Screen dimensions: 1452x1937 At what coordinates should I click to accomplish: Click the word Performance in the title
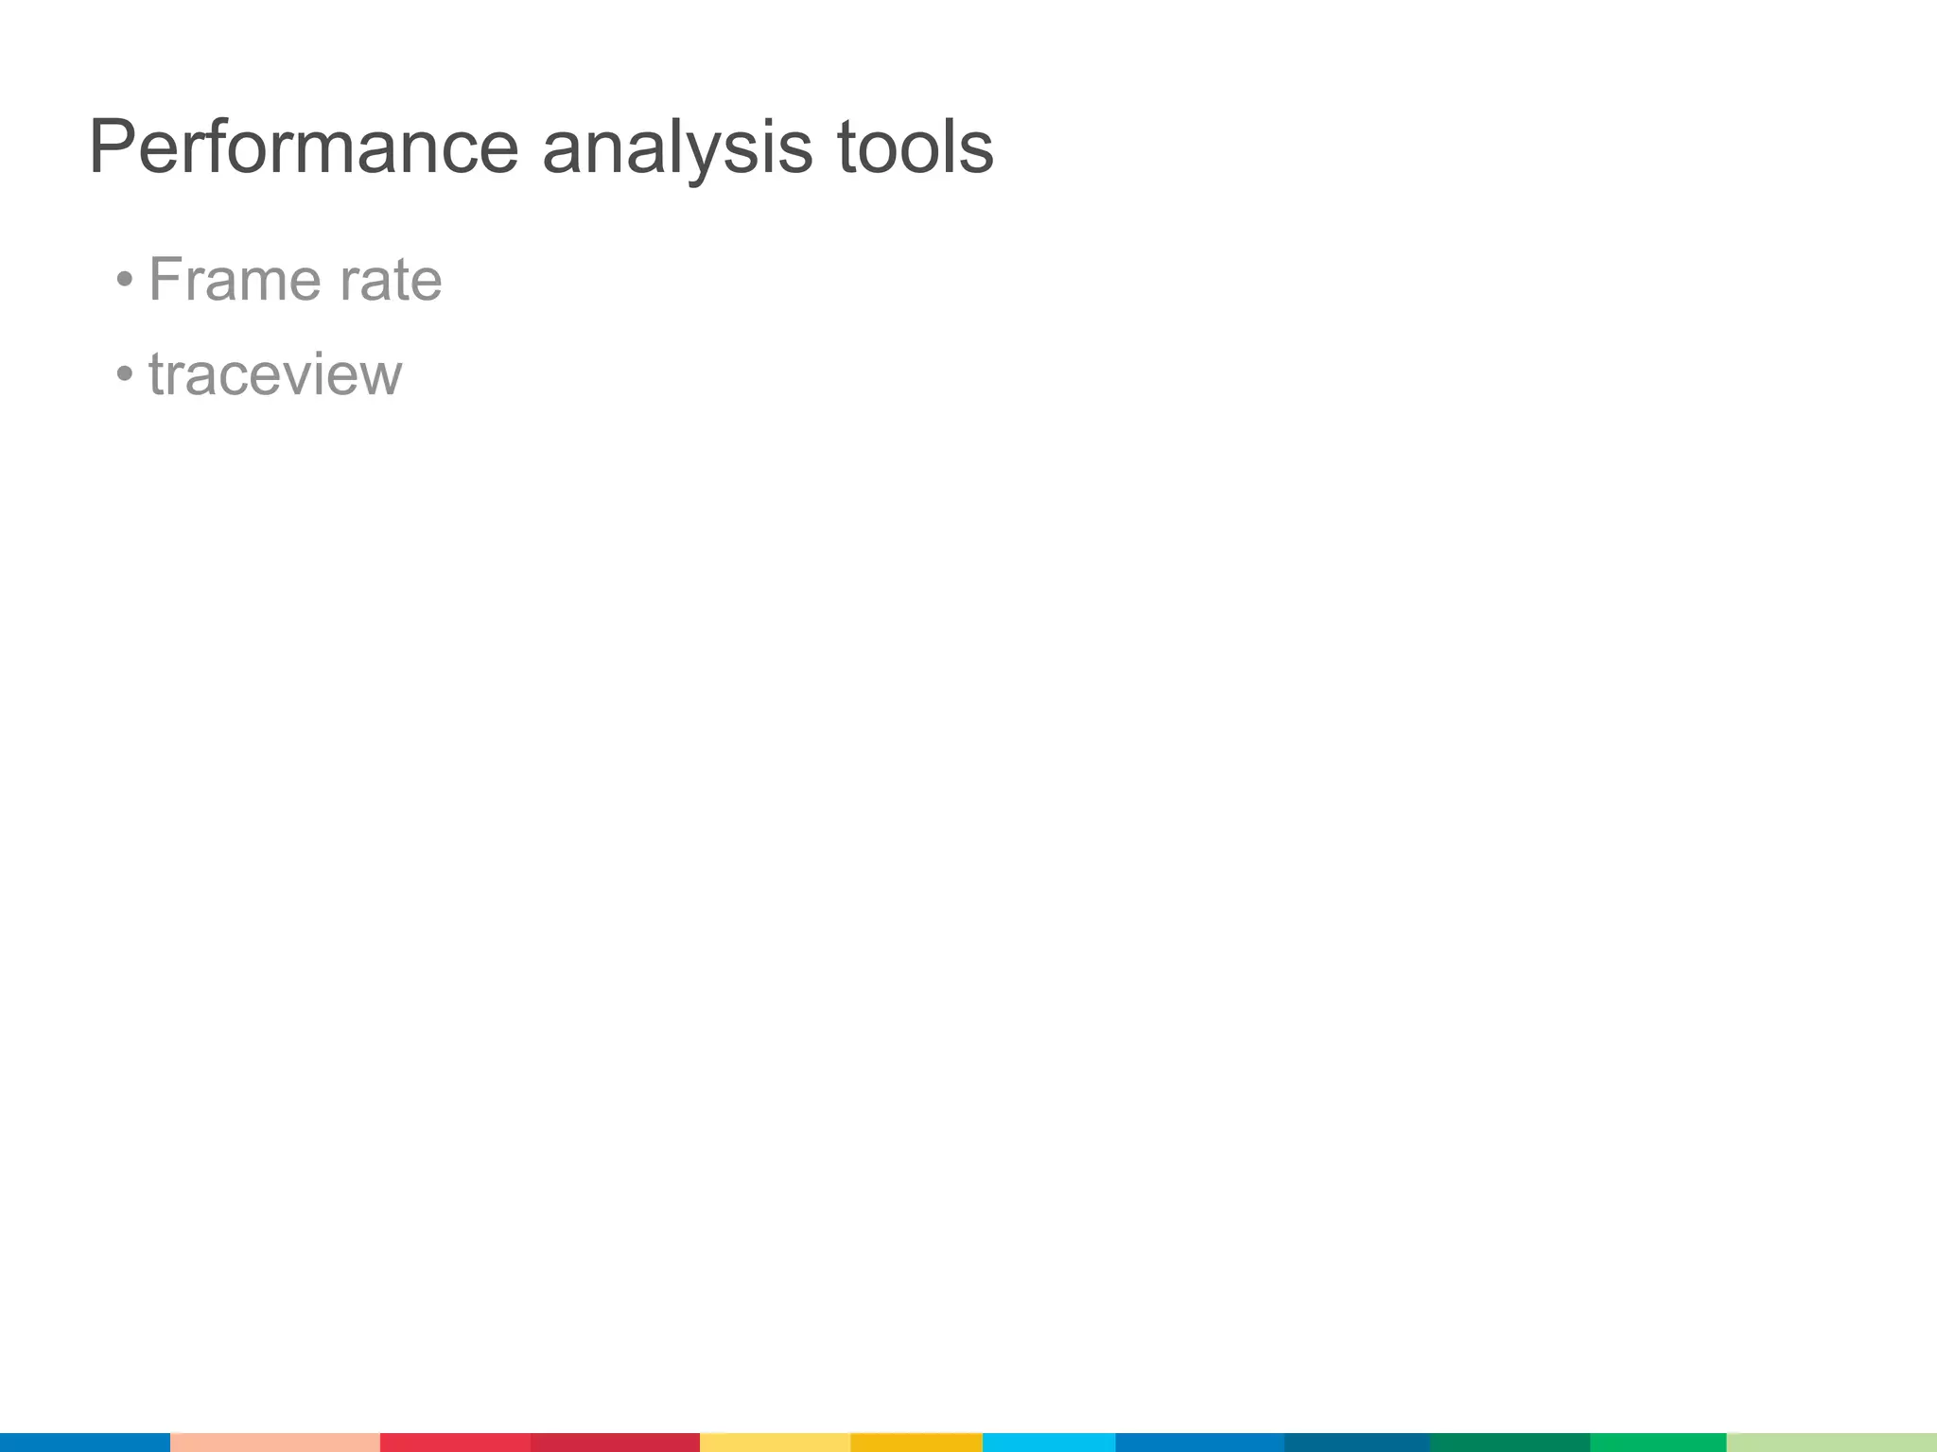click(x=304, y=147)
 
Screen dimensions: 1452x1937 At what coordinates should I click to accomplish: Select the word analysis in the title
click(x=677, y=147)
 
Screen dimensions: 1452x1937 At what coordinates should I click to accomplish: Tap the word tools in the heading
click(x=916, y=147)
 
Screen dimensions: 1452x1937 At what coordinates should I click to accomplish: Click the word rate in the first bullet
click(x=391, y=281)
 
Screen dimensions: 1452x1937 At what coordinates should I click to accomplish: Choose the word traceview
click(x=275, y=374)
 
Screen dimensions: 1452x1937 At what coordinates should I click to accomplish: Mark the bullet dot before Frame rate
click(x=125, y=280)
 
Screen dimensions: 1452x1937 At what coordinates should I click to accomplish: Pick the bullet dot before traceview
click(x=125, y=374)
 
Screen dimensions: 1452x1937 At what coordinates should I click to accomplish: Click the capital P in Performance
click(x=111, y=147)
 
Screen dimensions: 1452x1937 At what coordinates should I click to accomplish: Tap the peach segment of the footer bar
click(x=275, y=1442)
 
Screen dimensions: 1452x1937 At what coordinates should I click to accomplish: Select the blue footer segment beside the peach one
click(x=85, y=1442)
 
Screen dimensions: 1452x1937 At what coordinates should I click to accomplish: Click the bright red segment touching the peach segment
click(x=455, y=1442)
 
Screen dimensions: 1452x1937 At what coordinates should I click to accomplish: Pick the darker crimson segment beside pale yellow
click(x=615, y=1442)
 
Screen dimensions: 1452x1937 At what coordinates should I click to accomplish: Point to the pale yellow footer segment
click(x=775, y=1442)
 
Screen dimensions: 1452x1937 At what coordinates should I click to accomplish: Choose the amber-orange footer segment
click(x=916, y=1442)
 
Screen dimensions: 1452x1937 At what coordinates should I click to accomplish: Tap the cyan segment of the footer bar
click(x=1049, y=1442)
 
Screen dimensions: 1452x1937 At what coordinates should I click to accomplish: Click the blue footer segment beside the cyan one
click(x=1199, y=1442)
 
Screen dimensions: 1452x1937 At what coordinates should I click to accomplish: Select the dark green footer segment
click(x=1510, y=1442)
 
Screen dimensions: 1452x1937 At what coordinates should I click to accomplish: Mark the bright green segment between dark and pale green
click(x=1658, y=1442)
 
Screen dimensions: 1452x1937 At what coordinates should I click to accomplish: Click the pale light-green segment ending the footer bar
click(x=1831, y=1442)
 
